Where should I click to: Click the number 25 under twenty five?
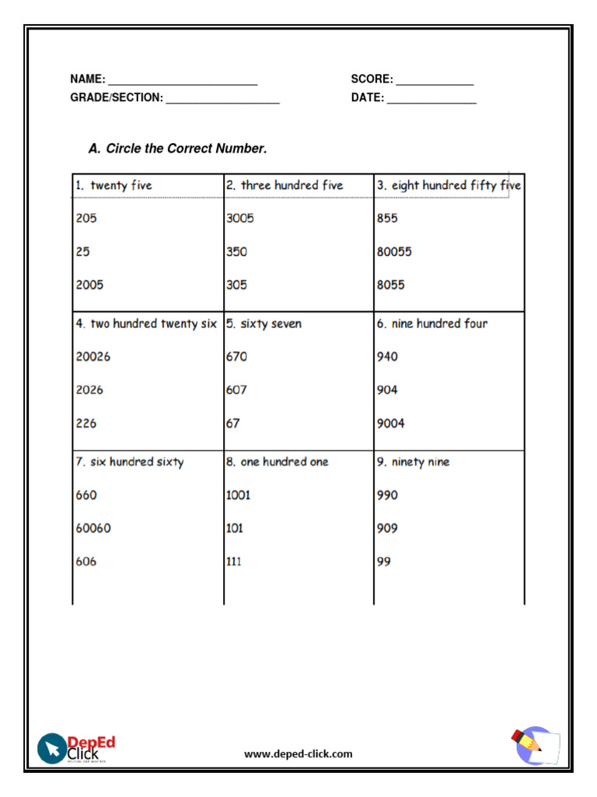[x=82, y=252]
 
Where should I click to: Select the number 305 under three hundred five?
[x=236, y=285]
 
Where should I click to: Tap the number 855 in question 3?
[x=387, y=219]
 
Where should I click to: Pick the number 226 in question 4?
[x=86, y=423]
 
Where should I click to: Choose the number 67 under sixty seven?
[x=233, y=423]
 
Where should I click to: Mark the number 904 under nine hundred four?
[x=387, y=390]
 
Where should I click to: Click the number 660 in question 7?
[x=86, y=495]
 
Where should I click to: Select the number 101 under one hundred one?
[x=235, y=528]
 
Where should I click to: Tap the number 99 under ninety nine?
[x=384, y=561]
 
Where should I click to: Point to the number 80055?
[x=394, y=252]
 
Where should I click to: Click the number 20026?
[x=93, y=356]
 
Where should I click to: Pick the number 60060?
[x=93, y=528]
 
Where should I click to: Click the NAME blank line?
[x=183, y=81]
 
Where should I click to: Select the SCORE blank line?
[x=435, y=81]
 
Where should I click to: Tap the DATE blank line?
[x=431, y=100]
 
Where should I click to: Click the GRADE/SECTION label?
[x=117, y=98]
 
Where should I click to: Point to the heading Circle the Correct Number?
[x=178, y=149]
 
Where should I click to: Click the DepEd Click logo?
[x=76, y=749]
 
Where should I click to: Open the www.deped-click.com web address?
[x=298, y=754]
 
